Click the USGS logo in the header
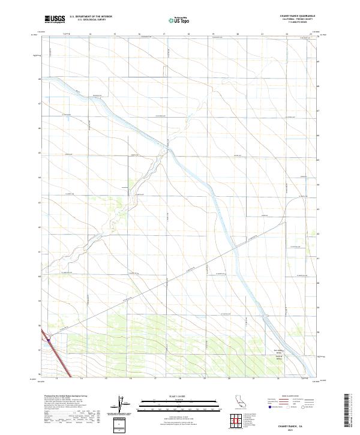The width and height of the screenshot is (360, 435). point(55,19)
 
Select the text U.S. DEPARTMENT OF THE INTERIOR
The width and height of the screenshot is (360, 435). point(91,17)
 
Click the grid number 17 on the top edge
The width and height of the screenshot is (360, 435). point(164,35)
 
